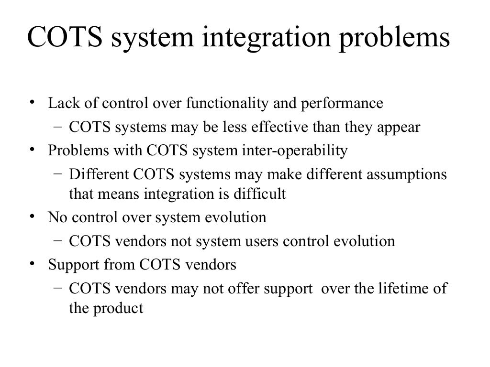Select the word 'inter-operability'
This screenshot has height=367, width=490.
[x=292, y=151]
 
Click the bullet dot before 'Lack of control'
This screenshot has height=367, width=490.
[x=31, y=103]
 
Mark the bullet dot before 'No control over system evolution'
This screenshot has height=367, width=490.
[x=31, y=217]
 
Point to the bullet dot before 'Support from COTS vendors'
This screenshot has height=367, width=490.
[x=31, y=264]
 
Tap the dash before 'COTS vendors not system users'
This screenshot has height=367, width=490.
[x=57, y=241]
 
